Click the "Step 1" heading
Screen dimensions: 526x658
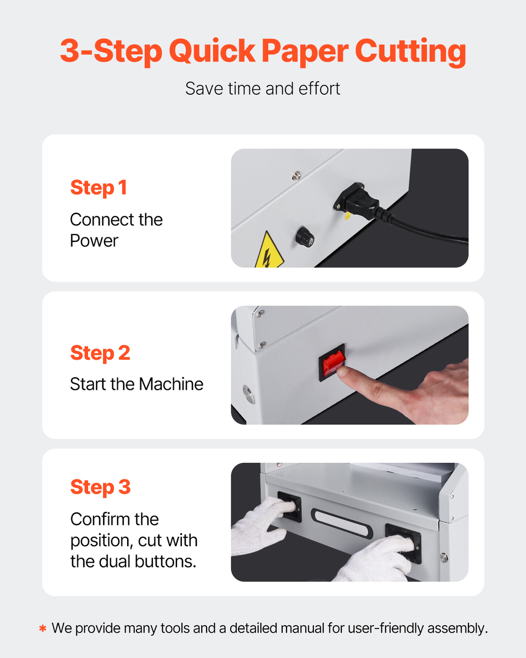tap(99, 188)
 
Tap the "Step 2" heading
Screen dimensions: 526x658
tap(100, 353)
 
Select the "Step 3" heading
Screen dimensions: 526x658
tap(101, 487)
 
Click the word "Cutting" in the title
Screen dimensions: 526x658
tap(410, 52)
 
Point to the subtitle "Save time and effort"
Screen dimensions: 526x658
tap(263, 89)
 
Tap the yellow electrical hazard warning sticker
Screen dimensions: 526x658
tap(269, 250)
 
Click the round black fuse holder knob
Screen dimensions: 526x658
tap(305, 237)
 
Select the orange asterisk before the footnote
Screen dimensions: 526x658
tap(43, 629)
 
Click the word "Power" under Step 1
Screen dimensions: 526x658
tap(94, 241)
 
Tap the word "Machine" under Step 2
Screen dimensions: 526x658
tap(171, 384)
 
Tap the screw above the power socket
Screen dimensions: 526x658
tap(296, 175)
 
